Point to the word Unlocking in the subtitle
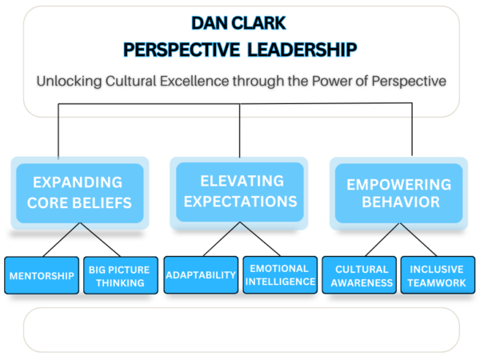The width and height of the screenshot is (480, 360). coord(68,81)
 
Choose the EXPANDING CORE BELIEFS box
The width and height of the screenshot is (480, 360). coord(79,192)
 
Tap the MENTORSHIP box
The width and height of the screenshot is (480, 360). coord(42,276)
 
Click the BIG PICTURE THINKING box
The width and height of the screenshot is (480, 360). coord(119,276)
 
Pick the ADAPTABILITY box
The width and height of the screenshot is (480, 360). coord(201,275)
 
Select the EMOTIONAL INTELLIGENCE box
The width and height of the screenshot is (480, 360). coord(280,275)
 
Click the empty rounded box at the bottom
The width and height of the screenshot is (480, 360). coord(240,330)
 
